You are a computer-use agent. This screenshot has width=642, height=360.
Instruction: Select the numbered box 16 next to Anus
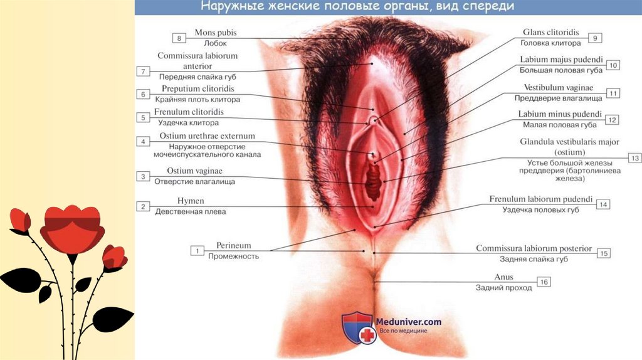pyautogui.click(x=544, y=282)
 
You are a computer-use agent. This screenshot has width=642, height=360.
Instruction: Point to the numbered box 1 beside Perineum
pyautogui.click(x=197, y=251)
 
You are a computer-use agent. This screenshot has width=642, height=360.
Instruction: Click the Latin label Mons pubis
pyautogui.click(x=216, y=33)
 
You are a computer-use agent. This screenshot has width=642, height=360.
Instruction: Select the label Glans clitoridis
pyautogui.click(x=550, y=33)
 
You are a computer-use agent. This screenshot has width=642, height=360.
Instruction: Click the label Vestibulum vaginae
pyautogui.click(x=559, y=88)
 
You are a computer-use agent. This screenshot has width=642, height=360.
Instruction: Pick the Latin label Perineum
pyautogui.click(x=234, y=245)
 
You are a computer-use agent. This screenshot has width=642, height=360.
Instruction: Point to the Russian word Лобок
pyautogui.click(x=215, y=44)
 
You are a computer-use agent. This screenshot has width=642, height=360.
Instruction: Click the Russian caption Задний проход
pyautogui.click(x=503, y=288)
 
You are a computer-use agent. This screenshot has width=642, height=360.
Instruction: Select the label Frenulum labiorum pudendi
pyautogui.click(x=540, y=199)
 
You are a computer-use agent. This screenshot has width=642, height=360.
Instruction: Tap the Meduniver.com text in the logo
pyautogui.click(x=409, y=322)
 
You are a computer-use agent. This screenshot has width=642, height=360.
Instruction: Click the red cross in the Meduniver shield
pyautogui.click(x=366, y=336)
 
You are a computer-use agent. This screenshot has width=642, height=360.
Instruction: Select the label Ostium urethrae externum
pyautogui.click(x=206, y=136)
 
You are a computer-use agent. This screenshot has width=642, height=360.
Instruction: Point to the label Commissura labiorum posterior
pyautogui.click(x=534, y=248)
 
